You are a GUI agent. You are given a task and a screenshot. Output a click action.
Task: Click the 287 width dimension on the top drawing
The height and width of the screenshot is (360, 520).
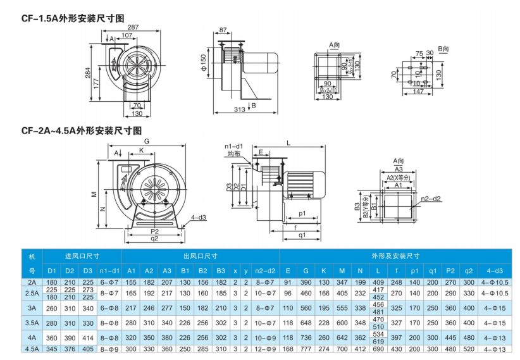tap(133, 27)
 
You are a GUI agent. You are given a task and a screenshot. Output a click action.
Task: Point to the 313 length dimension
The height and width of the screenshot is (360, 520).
tap(240, 109)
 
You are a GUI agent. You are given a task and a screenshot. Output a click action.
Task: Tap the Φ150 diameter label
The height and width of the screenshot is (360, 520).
tap(204, 62)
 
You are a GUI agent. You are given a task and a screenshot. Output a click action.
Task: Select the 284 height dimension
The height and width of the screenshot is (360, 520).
tap(89, 73)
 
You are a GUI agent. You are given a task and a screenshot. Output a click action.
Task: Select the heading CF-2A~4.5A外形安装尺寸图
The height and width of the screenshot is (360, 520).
tap(81, 131)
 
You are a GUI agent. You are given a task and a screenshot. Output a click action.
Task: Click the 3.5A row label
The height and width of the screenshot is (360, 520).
tap(32, 323)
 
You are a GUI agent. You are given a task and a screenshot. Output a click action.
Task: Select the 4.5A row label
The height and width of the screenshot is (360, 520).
tap(32, 349)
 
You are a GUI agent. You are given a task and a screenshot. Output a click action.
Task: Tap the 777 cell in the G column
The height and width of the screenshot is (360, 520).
tap(306, 349)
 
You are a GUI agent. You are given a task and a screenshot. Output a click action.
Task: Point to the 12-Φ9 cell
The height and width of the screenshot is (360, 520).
tap(267, 349)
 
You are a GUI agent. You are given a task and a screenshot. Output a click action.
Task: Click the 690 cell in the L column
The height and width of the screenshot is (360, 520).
tap(378, 349)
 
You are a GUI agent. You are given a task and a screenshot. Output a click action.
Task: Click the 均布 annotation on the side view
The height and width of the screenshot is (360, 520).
tap(233, 153)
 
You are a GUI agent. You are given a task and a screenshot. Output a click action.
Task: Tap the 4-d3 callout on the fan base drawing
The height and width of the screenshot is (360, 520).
tap(199, 217)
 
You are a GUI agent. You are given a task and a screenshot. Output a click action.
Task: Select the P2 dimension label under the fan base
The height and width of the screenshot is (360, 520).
tap(154, 232)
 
